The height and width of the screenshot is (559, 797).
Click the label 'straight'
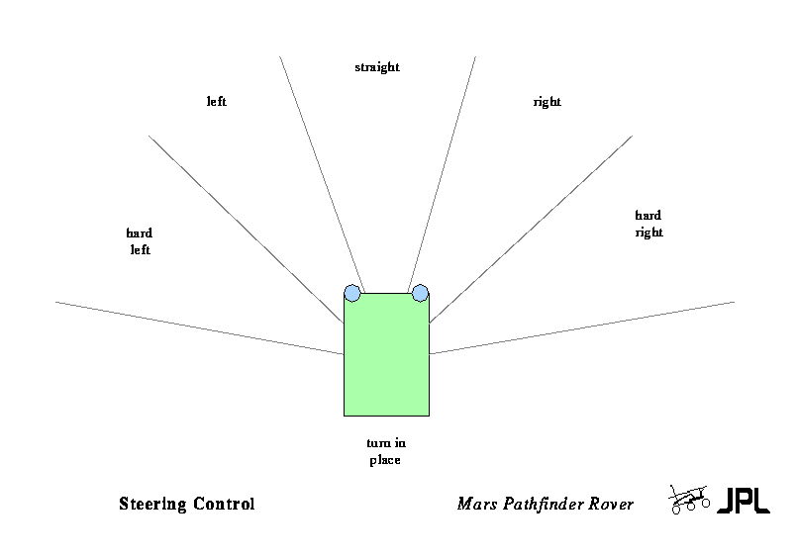click(x=376, y=67)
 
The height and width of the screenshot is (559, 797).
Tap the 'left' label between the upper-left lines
click(x=217, y=102)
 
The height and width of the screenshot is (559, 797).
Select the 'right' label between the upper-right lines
click(x=547, y=102)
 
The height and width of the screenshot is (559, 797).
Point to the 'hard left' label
click(x=139, y=241)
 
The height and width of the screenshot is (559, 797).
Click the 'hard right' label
click(x=648, y=224)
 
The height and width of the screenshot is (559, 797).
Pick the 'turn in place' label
click(x=385, y=452)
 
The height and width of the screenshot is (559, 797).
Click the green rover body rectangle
click(x=386, y=356)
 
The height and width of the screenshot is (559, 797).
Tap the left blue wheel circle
click(x=352, y=293)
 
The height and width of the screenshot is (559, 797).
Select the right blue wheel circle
click(x=420, y=293)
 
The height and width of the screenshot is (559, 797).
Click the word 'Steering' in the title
click(x=151, y=504)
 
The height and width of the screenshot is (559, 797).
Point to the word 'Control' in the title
click(x=224, y=504)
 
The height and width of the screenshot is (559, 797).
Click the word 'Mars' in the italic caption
click(x=475, y=504)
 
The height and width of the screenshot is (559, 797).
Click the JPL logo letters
click(x=743, y=501)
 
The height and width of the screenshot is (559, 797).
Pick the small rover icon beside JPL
click(x=688, y=500)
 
